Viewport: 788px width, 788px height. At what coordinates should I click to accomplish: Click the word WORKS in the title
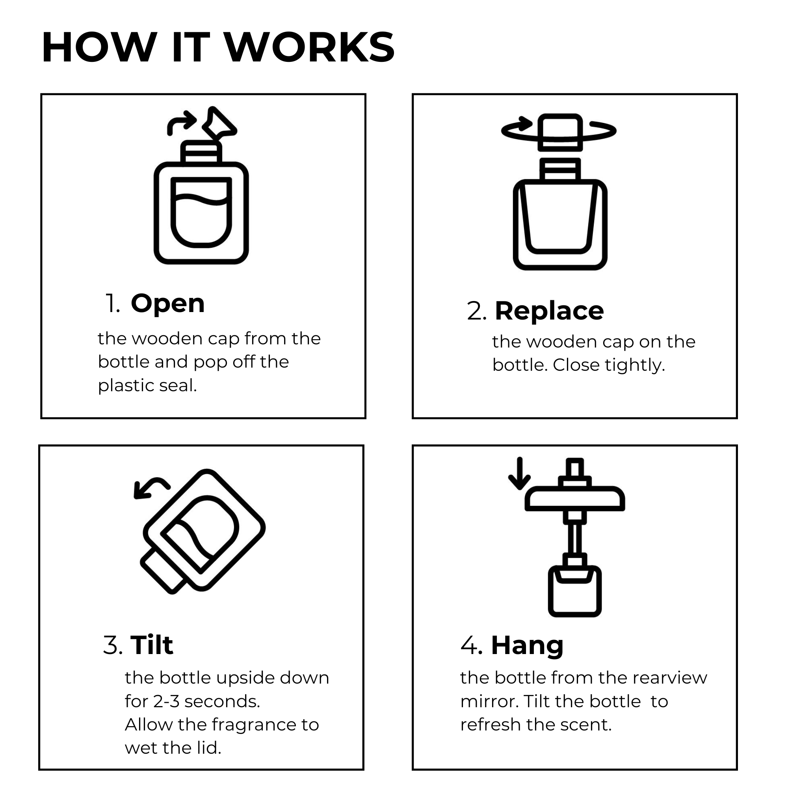[310, 47]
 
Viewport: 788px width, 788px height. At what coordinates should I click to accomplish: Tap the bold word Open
[167, 303]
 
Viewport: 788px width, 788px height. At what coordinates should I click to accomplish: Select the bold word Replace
[549, 311]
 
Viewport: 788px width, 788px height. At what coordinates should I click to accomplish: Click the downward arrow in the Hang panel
[519, 473]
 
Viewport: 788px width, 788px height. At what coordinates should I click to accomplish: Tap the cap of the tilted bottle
[163, 571]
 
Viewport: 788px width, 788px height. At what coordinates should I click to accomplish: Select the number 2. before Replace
[476, 312]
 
